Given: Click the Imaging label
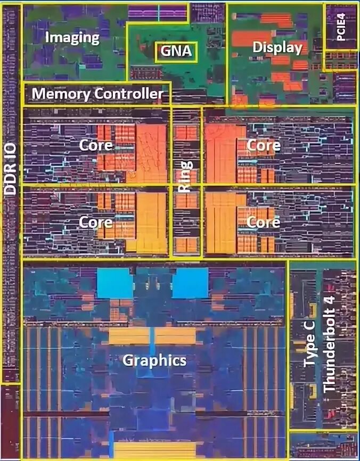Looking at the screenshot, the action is coord(72,37).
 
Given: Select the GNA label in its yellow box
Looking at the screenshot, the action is coord(176,52).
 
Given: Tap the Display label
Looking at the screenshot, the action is coord(277,48).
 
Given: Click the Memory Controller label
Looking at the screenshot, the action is coord(97,94).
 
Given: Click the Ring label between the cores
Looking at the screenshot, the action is coord(185,181).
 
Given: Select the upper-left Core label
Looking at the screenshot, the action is coord(96,145).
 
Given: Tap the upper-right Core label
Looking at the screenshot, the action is coord(263,145).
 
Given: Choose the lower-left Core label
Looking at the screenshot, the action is coord(96,222).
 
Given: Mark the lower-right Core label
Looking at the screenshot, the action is coord(263,222).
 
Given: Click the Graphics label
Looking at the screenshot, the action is coord(154,360).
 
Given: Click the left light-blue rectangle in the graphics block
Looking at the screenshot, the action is coord(114,283).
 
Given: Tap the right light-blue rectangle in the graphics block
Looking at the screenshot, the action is coord(190,283).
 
